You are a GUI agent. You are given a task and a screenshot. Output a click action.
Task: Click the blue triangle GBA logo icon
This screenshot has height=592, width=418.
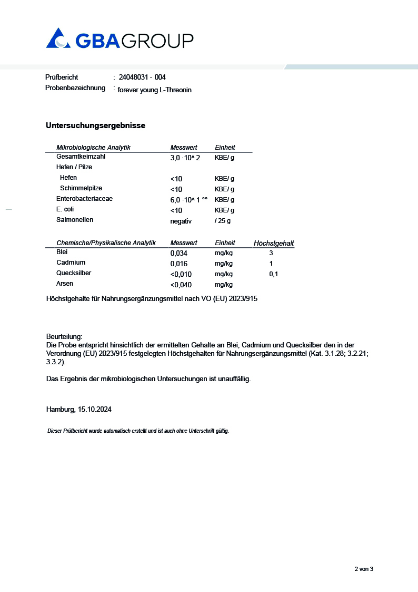(x=58, y=38)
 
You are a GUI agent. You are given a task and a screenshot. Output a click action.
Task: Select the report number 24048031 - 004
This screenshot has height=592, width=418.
(x=142, y=77)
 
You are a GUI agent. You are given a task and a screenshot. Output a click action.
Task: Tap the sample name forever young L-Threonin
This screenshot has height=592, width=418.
(x=154, y=90)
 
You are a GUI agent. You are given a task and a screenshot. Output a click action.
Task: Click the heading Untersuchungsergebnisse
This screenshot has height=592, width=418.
(x=95, y=125)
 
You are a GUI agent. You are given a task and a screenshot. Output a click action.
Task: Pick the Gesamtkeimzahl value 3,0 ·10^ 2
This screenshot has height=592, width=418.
(x=185, y=158)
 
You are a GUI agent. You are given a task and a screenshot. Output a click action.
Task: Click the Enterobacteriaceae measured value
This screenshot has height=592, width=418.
(x=189, y=200)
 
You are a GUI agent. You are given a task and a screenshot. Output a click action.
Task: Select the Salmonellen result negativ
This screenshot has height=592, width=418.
(x=181, y=221)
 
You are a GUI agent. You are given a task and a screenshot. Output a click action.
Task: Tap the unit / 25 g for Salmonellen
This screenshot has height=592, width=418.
(x=223, y=221)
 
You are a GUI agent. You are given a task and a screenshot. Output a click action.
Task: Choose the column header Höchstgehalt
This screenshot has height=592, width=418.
(x=274, y=243)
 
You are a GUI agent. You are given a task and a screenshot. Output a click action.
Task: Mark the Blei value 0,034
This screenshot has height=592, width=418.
(x=178, y=253)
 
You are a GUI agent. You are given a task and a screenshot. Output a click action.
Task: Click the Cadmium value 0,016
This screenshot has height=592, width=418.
(x=178, y=264)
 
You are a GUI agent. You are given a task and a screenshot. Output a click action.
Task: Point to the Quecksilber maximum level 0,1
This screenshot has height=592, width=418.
(x=273, y=274)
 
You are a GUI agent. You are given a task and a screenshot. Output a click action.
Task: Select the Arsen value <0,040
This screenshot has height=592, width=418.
(x=181, y=285)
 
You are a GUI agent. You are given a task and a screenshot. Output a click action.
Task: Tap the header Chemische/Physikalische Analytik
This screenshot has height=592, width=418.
(x=106, y=243)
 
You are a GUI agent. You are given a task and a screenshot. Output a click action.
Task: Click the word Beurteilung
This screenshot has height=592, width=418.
(x=64, y=336)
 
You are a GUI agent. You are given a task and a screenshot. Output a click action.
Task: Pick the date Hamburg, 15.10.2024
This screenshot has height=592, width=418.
(x=78, y=410)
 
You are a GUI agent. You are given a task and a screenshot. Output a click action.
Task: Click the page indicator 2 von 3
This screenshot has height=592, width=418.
(x=363, y=569)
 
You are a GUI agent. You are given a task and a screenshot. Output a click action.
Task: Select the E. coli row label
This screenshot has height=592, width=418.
(x=65, y=209)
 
